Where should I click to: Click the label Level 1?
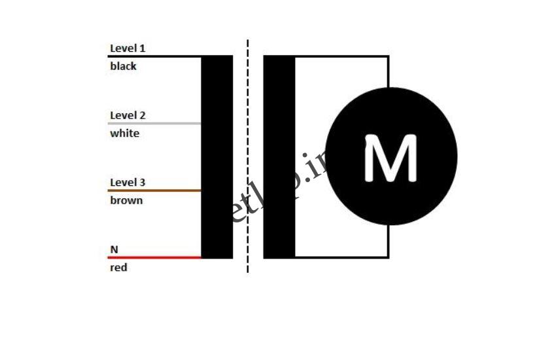click(x=128, y=48)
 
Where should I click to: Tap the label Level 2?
click(x=128, y=116)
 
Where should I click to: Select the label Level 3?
click(x=128, y=183)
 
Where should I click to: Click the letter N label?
click(x=114, y=249)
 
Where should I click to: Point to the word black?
click(x=123, y=66)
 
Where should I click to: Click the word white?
click(x=124, y=134)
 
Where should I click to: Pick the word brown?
click(x=126, y=200)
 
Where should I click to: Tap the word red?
click(x=118, y=268)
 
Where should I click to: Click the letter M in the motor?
click(x=390, y=158)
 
